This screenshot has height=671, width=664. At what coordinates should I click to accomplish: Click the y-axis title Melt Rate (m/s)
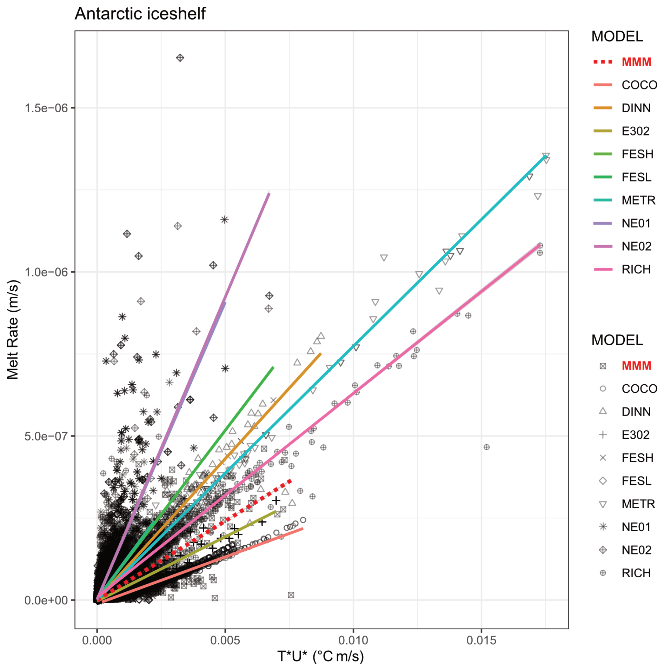click(13, 330)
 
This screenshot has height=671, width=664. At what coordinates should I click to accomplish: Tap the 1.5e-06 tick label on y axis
click(46, 108)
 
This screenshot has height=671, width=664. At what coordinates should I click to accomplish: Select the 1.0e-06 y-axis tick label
click(46, 272)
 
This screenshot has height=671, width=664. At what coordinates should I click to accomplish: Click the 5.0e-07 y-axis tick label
click(46, 436)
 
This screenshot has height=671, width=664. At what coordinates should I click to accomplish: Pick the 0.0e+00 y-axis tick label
click(46, 600)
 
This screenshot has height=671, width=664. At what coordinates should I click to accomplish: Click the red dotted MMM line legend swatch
click(602, 62)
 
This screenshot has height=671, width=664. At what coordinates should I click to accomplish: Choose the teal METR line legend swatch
click(602, 200)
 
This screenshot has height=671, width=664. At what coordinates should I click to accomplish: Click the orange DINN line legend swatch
click(602, 108)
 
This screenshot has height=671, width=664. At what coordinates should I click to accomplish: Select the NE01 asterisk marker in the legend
click(603, 527)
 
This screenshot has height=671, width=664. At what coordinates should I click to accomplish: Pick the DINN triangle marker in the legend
click(603, 411)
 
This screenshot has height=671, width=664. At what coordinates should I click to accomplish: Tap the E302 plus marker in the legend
click(603, 435)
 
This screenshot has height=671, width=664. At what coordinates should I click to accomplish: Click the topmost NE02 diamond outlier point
click(180, 58)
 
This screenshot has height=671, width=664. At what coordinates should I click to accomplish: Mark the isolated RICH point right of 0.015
click(486, 447)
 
